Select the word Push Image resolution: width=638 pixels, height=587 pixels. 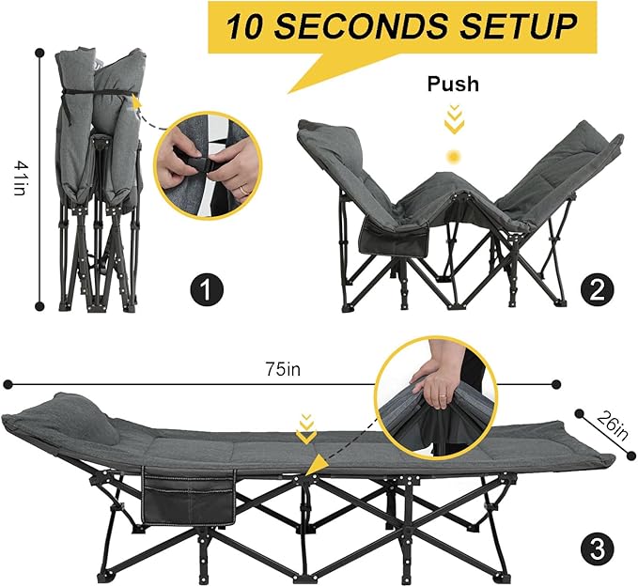453,85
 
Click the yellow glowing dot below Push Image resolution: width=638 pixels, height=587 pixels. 453,155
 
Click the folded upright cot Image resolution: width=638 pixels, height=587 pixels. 99,178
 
